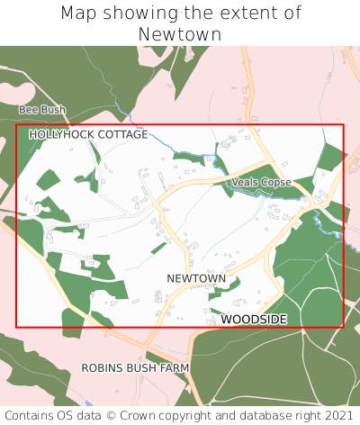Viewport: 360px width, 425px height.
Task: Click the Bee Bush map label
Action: pyautogui.click(x=42, y=110)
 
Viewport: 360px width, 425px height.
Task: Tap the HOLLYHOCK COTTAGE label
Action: pyautogui.click(x=88, y=134)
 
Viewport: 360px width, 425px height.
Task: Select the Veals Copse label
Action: pyautogui.click(x=261, y=183)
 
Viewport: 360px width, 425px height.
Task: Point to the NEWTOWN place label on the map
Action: pyautogui.click(x=196, y=278)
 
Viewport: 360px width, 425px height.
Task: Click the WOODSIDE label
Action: pyautogui.click(x=254, y=320)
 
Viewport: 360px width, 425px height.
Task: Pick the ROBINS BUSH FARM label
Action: pyautogui.click(x=136, y=368)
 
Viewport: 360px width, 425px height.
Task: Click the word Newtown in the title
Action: pyautogui.click(x=180, y=34)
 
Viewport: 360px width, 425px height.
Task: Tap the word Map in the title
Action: pyautogui.click(x=79, y=14)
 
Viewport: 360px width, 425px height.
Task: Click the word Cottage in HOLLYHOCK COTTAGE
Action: pyautogui.click(x=118, y=134)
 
